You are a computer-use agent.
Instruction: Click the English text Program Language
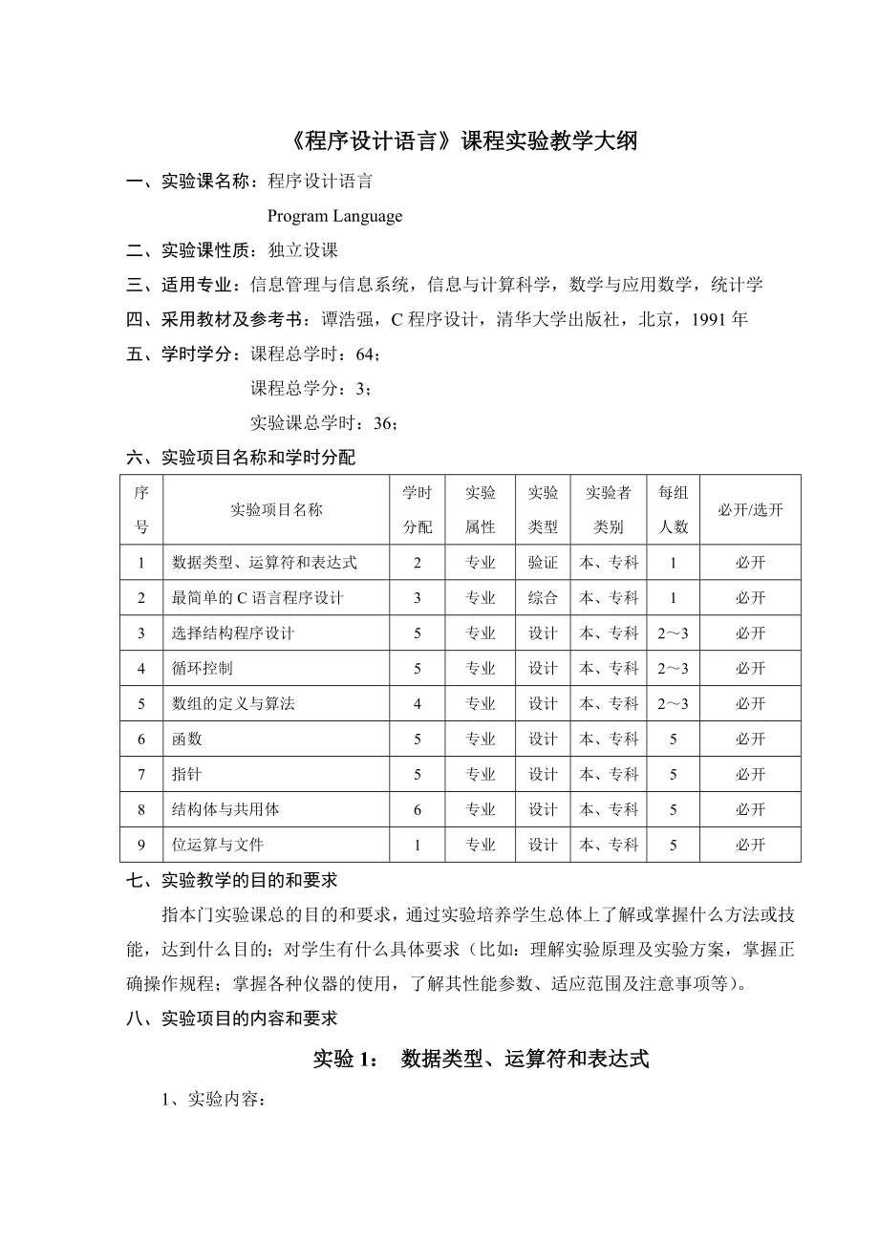(x=334, y=216)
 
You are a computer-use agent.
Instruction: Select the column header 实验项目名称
(x=276, y=509)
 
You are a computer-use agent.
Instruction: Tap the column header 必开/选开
(x=750, y=509)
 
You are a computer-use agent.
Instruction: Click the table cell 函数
(x=186, y=739)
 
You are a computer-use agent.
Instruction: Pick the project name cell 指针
(x=186, y=774)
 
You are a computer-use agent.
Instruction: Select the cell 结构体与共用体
(x=225, y=809)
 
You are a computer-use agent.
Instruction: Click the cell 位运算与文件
(x=218, y=845)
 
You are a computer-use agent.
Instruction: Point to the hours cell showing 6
(x=418, y=809)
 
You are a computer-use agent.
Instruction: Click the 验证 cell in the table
(x=543, y=563)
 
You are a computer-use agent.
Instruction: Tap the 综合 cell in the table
(x=543, y=598)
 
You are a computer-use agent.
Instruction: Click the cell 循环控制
(x=202, y=668)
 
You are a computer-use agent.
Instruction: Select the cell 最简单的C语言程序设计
(x=257, y=598)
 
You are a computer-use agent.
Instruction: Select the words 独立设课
(x=303, y=250)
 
